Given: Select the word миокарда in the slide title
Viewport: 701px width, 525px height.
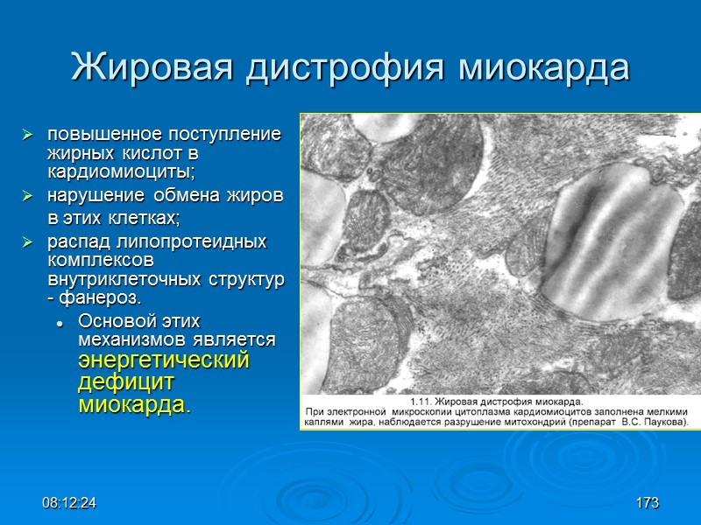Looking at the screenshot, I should (545, 67).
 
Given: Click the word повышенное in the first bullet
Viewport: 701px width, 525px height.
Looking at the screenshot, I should (99, 135).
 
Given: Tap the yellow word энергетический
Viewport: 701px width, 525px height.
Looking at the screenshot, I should (164, 360).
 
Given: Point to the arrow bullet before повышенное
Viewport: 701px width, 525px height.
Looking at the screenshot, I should (28, 136).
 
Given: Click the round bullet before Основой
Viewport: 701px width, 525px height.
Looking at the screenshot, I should (59, 319).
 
